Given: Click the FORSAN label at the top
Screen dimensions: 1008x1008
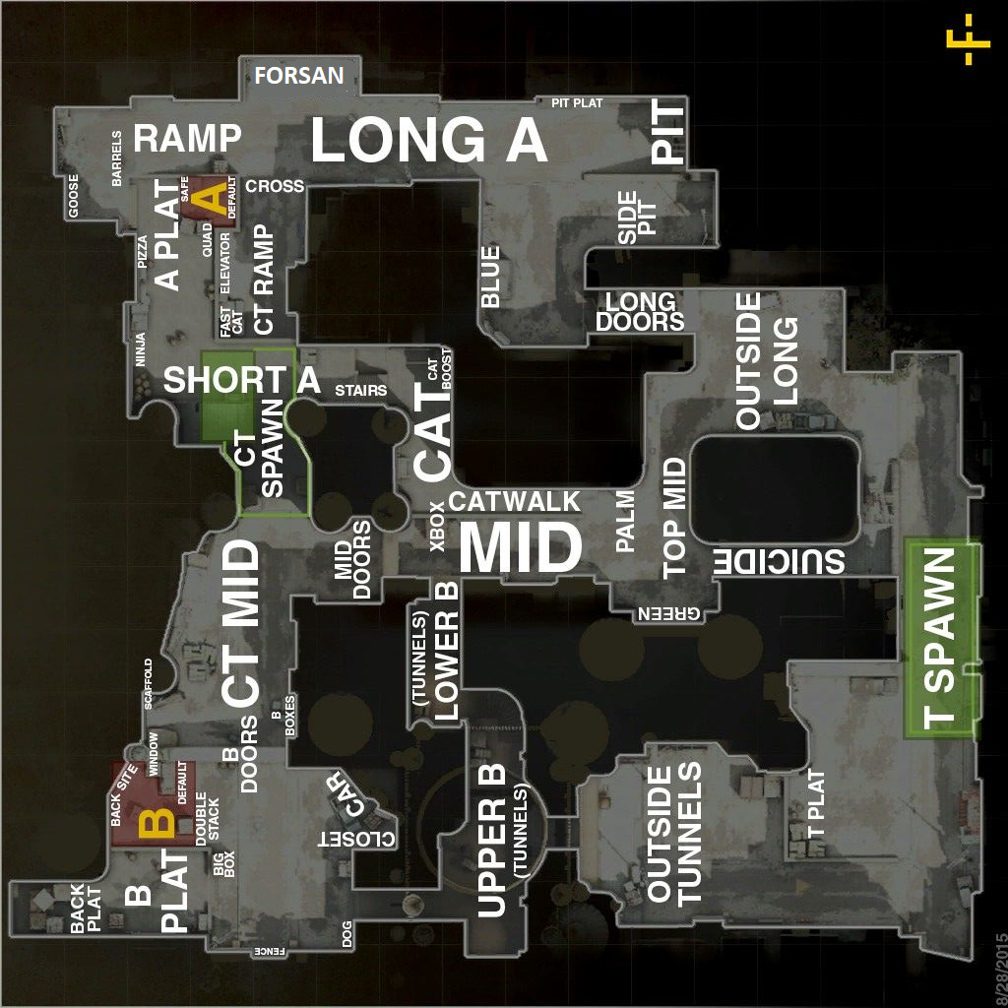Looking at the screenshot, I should tap(299, 76).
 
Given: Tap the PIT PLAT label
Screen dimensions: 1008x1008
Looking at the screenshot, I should tap(577, 102).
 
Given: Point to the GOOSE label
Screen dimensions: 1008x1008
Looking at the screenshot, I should tap(73, 196).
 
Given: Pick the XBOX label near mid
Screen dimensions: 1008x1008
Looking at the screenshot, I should tap(438, 525).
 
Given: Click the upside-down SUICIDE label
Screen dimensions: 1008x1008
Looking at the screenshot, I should tap(779, 562).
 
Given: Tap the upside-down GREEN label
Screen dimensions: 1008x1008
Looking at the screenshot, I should tap(672, 613).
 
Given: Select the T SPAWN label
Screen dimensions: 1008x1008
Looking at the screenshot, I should tap(941, 638).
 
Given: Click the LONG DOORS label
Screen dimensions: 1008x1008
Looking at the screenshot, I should tap(640, 311).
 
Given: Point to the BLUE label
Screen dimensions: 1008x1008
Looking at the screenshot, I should tap(490, 276).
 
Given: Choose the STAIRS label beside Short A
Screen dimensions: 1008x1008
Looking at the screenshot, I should tap(360, 391).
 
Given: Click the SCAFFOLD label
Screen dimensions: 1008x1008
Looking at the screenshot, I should tap(150, 683).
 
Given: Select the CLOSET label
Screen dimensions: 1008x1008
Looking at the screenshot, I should tap(355, 840).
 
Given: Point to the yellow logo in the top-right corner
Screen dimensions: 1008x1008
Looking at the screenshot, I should tap(977, 39).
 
